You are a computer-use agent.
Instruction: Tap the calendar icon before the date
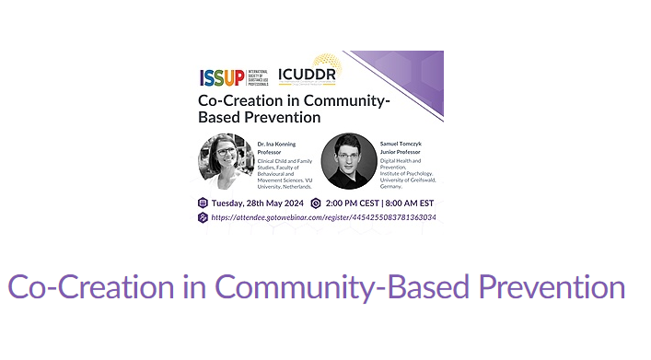click(x=203, y=203)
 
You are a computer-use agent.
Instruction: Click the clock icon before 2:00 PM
click(x=316, y=203)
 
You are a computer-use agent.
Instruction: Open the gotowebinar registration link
click(x=322, y=218)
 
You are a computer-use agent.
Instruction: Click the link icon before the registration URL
click(x=203, y=218)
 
